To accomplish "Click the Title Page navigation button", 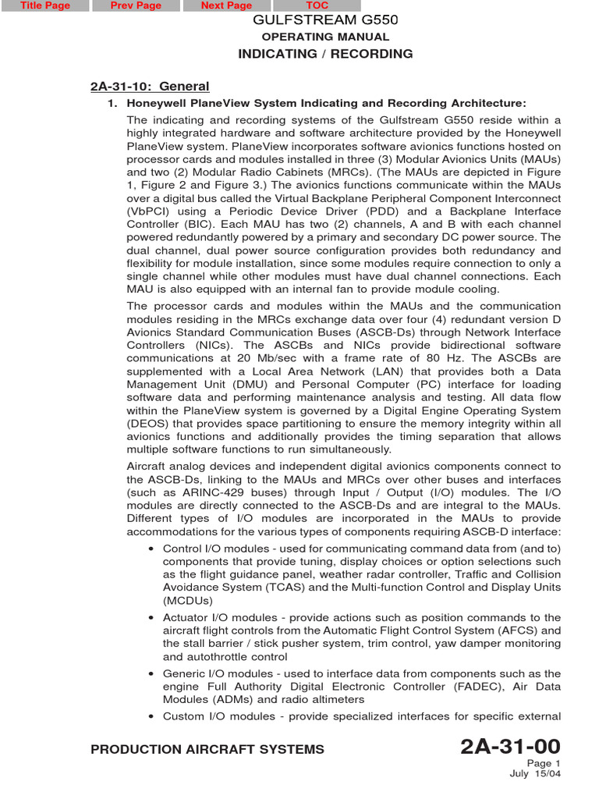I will click(44, 5).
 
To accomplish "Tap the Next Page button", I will click(226, 5).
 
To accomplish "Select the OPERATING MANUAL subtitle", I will click(325, 37).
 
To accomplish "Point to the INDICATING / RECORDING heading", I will click(325, 54).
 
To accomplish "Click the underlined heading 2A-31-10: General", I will click(150, 87).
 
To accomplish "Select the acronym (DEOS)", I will click(151, 424).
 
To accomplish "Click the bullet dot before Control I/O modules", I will click(151, 549).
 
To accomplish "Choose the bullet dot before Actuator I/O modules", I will click(151, 618).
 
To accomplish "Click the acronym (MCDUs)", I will click(188, 601).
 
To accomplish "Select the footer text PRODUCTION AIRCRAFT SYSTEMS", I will click(207, 750).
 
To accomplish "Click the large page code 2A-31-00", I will click(510, 748).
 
